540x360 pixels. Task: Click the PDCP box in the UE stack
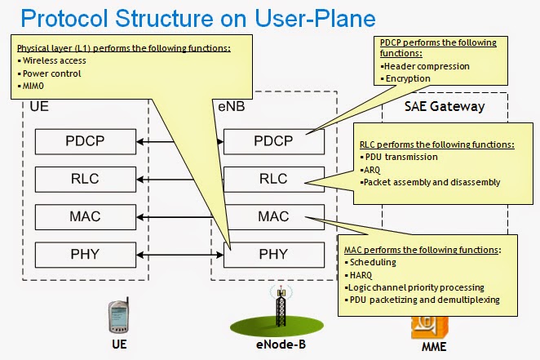[x=85, y=141]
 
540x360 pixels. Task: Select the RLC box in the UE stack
[x=85, y=179]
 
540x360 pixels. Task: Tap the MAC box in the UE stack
[x=85, y=218]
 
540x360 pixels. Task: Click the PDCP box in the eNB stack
[x=273, y=141]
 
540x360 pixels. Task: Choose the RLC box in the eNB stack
[x=273, y=179]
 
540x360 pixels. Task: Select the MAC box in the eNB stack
[x=273, y=218]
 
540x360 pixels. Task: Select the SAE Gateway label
[x=444, y=106]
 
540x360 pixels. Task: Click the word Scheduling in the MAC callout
[x=371, y=263]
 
